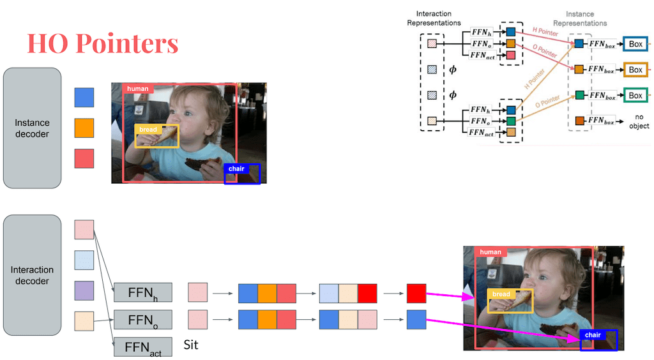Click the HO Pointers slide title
click(102, 43)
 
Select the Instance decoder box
click(33, 128)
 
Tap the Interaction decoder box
click(33, 275)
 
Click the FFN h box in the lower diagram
click(143, 292)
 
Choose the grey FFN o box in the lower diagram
click(143, 319)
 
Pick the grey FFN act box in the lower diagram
click(143, 347)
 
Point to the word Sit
click(191, 345)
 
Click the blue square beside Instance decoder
click(84, 98)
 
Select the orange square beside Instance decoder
click(84, 128)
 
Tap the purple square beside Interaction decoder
click(84, 290)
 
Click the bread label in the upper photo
click(148, 130)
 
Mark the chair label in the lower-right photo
click(593, 335)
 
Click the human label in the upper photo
click(137, 89)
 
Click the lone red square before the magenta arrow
click(416, 293)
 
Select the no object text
click(639, 122)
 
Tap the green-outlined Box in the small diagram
click(635, 95)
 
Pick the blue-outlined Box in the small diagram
click(635, 44)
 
